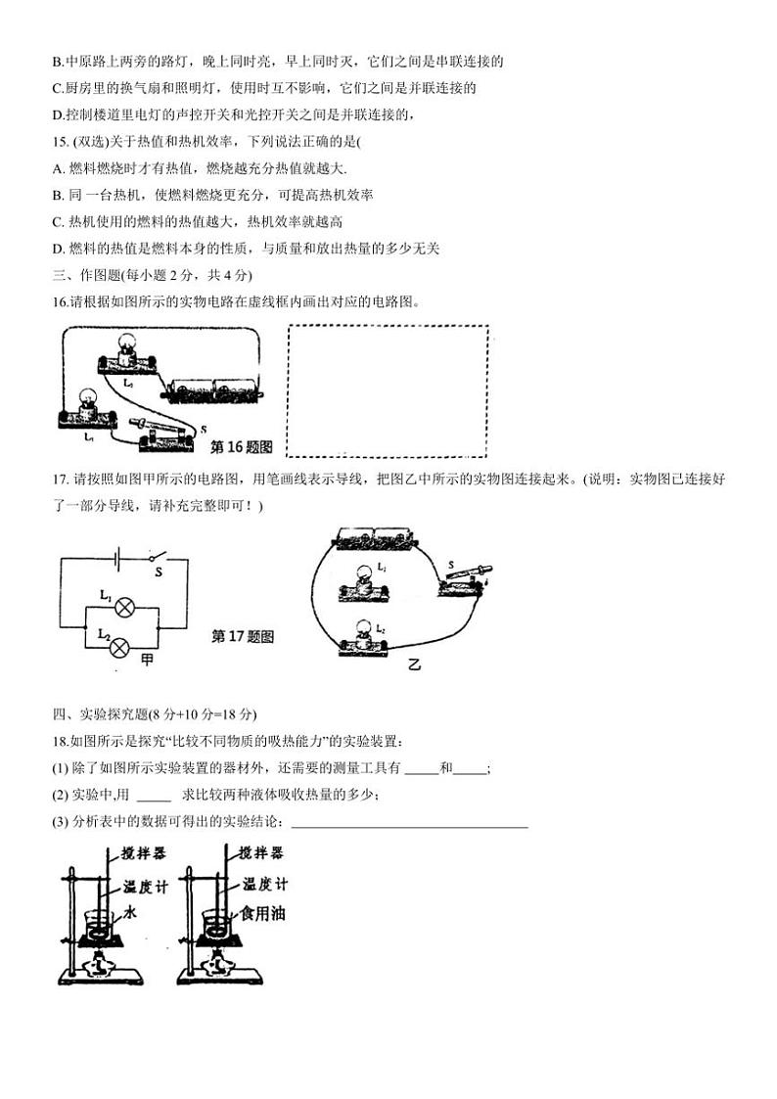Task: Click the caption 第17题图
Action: click(243, 636)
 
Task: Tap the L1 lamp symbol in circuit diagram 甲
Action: click(124, 607)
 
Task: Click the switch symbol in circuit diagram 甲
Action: click(157, 558)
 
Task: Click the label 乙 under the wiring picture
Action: click(414, 665)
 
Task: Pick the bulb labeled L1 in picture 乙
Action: click(364, 582)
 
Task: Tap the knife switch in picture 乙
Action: click(467, 577)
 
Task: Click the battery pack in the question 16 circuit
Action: click(214, 388)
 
